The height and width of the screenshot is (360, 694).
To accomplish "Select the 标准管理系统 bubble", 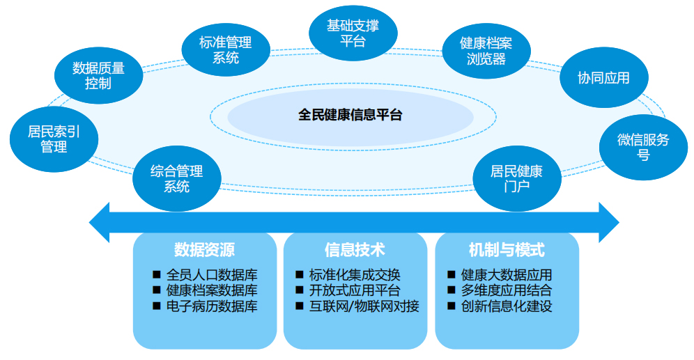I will point(225,50).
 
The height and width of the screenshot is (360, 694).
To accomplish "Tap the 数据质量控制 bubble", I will point(98,76).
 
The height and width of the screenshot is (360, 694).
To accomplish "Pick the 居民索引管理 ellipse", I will point(54,139).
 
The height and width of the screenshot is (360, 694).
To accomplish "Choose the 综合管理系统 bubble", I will point(176,178).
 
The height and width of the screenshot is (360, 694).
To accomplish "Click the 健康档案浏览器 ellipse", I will point(486,51).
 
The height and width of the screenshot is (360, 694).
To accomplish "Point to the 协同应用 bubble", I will point(603,78).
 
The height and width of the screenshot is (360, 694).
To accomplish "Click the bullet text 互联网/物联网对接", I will point(364,306).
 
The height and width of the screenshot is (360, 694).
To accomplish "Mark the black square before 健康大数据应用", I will point(451,275).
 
